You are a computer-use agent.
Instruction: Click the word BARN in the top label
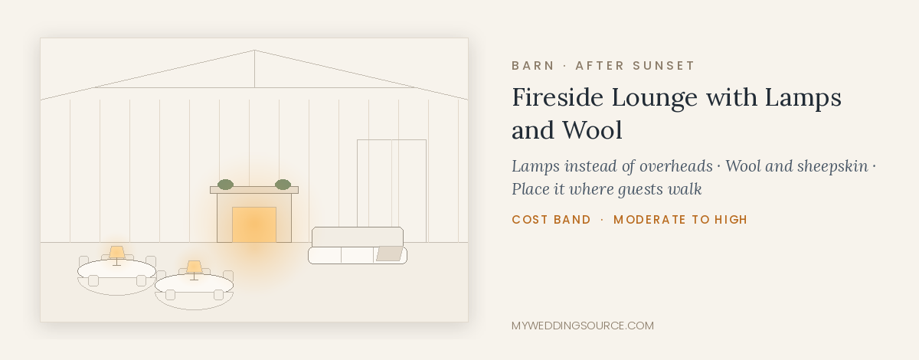click(533, 66)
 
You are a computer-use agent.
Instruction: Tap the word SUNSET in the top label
click(663, 66)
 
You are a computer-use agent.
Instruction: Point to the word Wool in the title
click(592, 130)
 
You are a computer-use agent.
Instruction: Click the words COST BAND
click(551, 220)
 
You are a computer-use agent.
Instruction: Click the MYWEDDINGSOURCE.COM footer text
click(583, 326)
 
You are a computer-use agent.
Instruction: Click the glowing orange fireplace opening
click(254, 224)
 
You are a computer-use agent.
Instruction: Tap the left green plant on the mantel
click(225, 185)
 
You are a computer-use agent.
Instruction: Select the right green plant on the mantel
click(283, 185)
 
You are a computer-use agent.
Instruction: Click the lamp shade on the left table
click(116, 252)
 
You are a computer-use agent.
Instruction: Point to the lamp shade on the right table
click(194, 267)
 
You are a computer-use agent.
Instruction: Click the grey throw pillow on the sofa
click(389, 254)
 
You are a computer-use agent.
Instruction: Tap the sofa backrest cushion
click(358, 237)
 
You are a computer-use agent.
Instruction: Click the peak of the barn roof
click(254, 50)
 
